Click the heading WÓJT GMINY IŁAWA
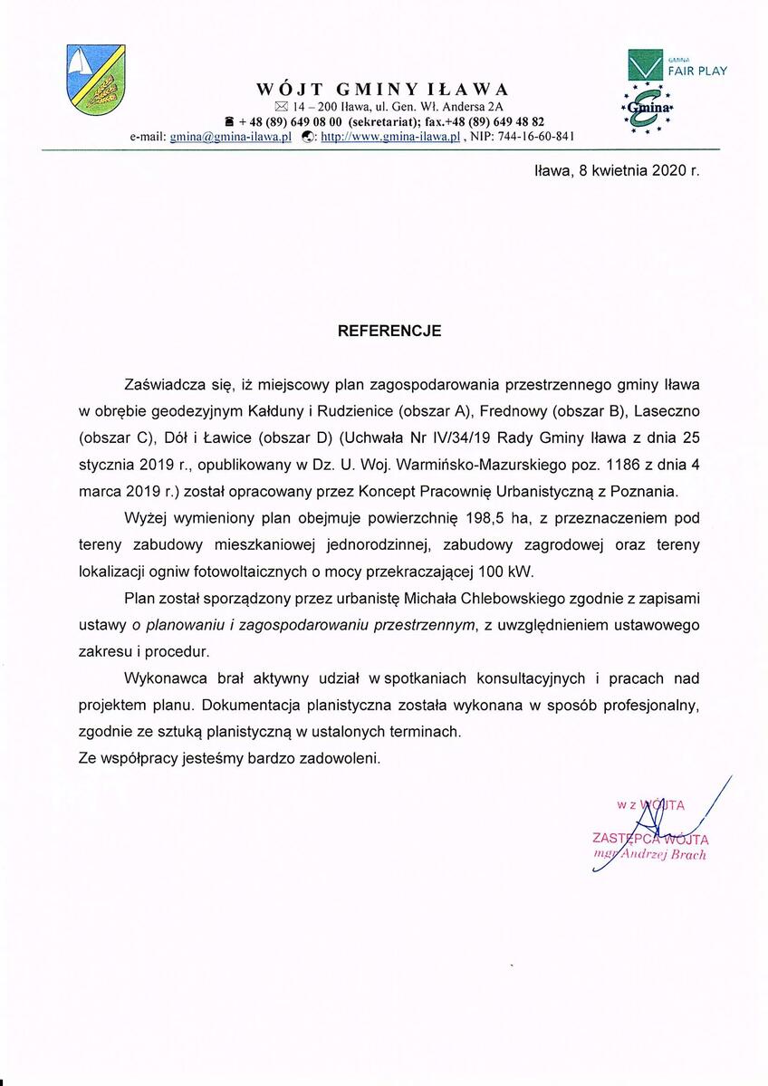tap(382, 90)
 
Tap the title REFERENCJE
tap(389, 332)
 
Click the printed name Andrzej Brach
tap(662, 855)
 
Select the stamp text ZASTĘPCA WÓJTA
tap(650, 839)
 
